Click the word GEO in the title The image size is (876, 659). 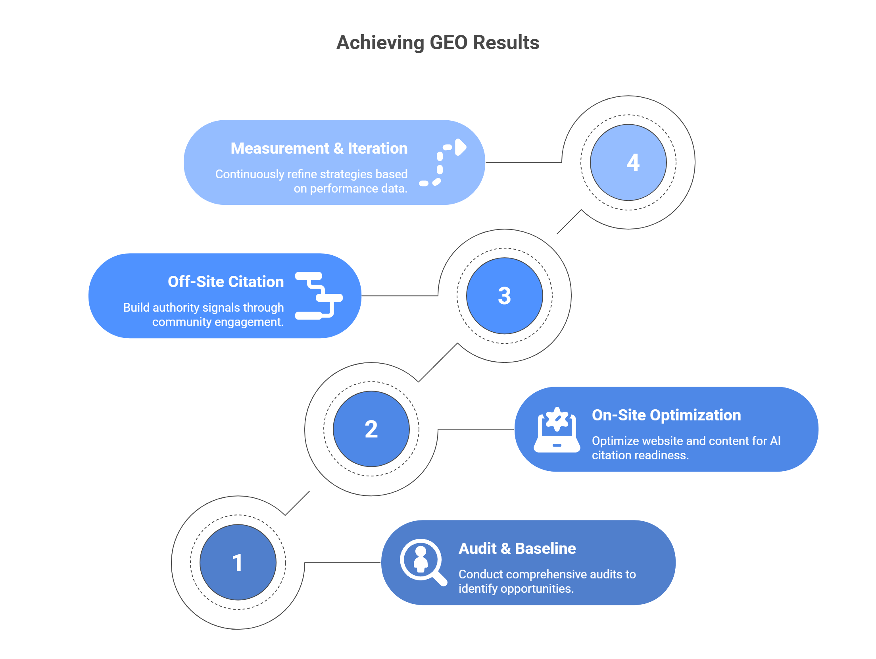(448, 43)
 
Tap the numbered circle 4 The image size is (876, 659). (628, 162)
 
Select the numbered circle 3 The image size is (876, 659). (504, 296)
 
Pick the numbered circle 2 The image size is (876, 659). (371, 429)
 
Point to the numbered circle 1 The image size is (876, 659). (238, 563)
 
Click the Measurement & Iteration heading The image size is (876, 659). (319, 148)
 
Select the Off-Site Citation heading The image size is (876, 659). (226, 282)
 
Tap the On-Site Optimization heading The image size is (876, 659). (666, 415)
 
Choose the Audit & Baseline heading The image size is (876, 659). (517, 549)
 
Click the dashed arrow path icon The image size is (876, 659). (443, 163)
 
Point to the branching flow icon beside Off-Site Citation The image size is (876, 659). (319, 296)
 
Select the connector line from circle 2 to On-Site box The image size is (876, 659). (476, 429)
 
